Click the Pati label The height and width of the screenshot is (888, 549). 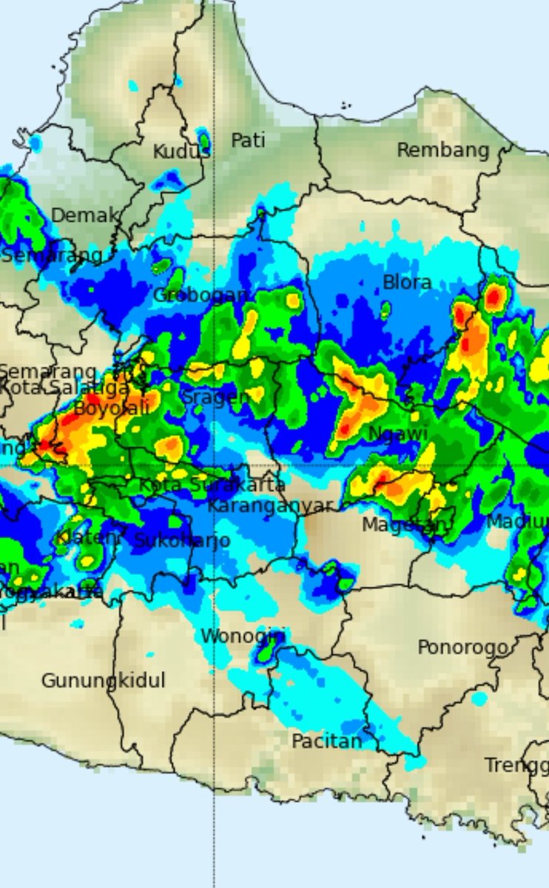(x=248, y=140)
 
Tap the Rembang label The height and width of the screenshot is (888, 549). (x=442, y=150)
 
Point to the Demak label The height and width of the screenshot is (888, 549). (x=84, y=215)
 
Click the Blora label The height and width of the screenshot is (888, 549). (x=406, y=282)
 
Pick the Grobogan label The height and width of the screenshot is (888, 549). (x=200, y=295)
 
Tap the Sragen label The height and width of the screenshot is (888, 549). (x=215, y=397)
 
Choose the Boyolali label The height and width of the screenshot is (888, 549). (x=112, y=407)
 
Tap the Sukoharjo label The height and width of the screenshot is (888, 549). (x=181, y=540)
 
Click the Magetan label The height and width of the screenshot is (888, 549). (x=403, y=525)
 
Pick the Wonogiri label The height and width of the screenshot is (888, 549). (x=243, y=635)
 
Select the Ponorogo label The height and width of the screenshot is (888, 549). (x=462, y=647)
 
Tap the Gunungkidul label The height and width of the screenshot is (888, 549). (x=103, y=680)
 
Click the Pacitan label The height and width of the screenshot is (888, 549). (x=326, y=740)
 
